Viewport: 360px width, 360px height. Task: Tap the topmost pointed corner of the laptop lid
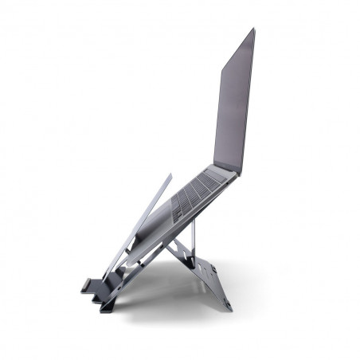point(253,29)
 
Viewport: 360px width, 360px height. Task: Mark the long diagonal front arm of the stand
point(143,231)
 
